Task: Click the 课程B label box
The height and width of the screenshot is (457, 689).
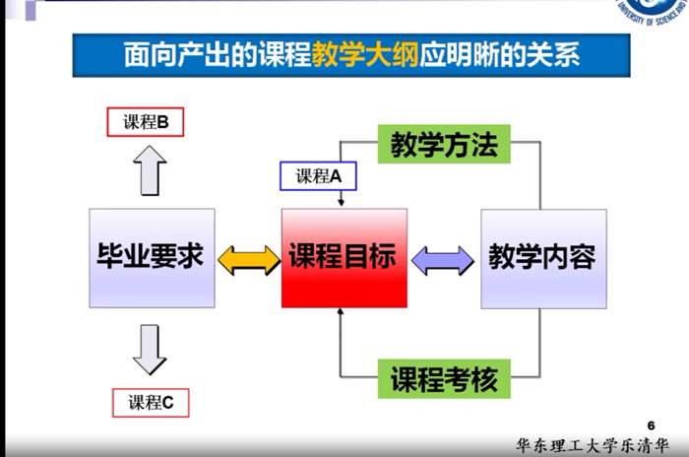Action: click(x=146, y=122)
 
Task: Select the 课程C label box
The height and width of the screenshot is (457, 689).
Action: click(x=150, y=402)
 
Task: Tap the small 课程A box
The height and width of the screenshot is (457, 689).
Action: click(x=318, y=176)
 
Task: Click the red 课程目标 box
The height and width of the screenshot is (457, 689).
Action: click(x=344, y=258)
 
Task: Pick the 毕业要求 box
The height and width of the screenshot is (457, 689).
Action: click(x=151, y=258)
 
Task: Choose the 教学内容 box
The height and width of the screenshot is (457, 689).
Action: click(x=542, y=258)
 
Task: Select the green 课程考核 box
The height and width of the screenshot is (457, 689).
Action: click(x=444, y=378)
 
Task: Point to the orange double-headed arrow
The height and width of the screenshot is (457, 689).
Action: click(x=248, y=259)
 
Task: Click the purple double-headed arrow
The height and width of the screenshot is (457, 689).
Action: click(x=442, y=259)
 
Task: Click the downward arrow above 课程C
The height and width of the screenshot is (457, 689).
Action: click(x=150, y=350)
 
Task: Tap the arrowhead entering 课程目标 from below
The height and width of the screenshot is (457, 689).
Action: click(x=341, y=313)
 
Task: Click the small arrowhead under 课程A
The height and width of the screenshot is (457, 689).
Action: click(x=341, y=203)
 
